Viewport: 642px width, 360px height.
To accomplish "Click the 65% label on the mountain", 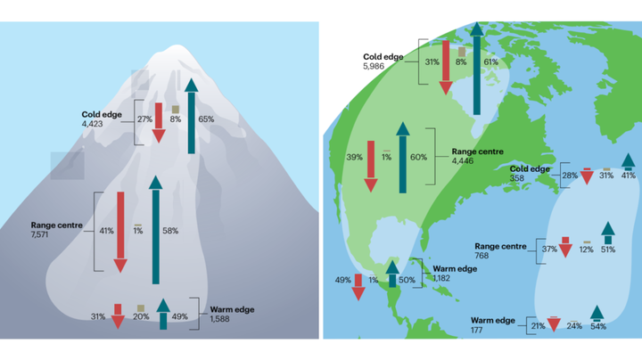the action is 206,119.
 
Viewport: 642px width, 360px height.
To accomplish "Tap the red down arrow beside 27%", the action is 159,123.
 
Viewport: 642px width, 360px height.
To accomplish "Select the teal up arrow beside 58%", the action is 155,230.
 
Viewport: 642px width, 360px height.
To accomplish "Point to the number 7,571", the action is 40,234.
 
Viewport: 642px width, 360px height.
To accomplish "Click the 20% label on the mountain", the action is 141,316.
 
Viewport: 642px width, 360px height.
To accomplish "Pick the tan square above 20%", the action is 141,308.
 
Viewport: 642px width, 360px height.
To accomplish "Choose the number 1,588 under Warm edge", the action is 220,319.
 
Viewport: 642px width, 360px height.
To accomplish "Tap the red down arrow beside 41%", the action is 120,232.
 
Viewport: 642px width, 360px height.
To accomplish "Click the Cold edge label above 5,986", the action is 383,57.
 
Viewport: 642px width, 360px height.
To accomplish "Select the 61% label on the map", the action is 491,61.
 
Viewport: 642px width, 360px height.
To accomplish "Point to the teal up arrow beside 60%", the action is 403,158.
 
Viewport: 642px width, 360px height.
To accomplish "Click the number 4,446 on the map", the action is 463,160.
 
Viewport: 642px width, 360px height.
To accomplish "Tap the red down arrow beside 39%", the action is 371,167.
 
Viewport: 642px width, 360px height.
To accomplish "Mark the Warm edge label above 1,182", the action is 455,269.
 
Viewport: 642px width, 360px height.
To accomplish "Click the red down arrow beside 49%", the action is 358,287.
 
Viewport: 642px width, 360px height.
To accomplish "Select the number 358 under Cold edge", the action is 516,178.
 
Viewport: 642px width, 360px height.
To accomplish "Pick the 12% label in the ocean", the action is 587,250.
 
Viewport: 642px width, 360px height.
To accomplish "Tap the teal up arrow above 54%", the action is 597,314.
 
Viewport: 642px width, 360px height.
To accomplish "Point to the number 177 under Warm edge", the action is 476,330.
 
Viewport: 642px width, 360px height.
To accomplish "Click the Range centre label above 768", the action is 500,246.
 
